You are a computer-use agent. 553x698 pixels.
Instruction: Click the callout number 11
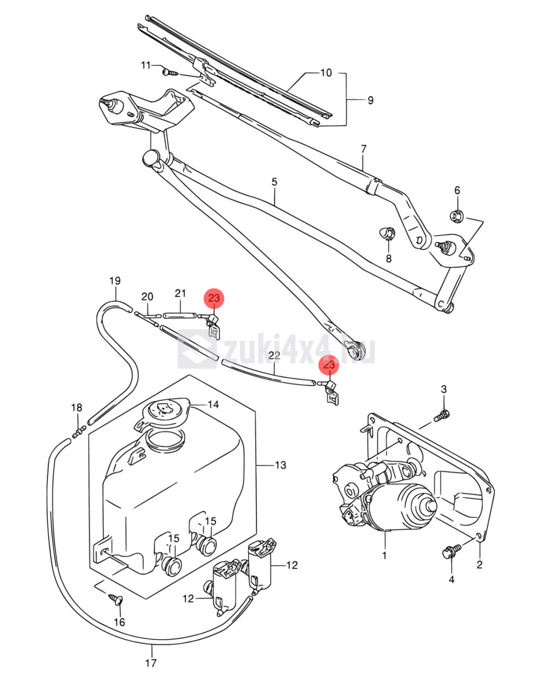146,65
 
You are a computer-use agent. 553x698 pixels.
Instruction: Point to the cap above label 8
387,233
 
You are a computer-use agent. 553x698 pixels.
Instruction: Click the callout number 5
274,182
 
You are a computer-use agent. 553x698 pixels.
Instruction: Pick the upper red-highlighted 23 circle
214,298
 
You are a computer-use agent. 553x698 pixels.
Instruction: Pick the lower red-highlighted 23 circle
329,365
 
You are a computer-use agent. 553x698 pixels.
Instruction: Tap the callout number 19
115,281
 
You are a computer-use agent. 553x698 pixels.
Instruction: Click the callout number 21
180,293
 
